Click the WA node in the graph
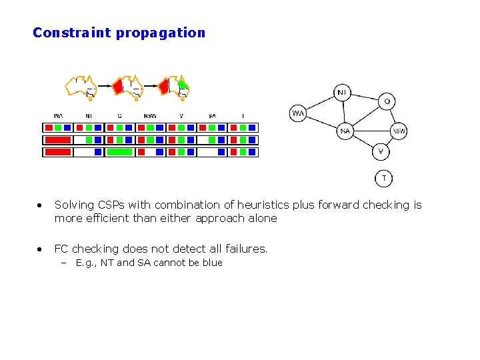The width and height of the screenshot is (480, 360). [x=298, y=113]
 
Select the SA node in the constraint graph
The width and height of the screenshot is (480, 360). [x=345, y=131]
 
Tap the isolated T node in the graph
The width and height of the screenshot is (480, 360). [x=383, y=178]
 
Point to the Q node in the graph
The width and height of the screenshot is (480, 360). [x=387, y=102]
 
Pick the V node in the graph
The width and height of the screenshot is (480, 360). [x=380, y=151]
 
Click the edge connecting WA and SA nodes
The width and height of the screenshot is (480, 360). [x=321, y=122]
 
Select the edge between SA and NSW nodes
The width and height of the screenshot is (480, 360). [x=371, y=131]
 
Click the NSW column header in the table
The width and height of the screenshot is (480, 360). [x=150, y=116]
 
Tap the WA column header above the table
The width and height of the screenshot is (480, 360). [x=58, y=116]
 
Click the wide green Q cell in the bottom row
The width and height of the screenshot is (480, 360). [x=119, y=152]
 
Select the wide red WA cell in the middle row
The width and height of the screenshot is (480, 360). [x=57, y=140]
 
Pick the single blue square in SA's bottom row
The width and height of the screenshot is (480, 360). [x=211, y=152]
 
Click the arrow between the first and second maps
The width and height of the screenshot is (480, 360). [x=103, y=86]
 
